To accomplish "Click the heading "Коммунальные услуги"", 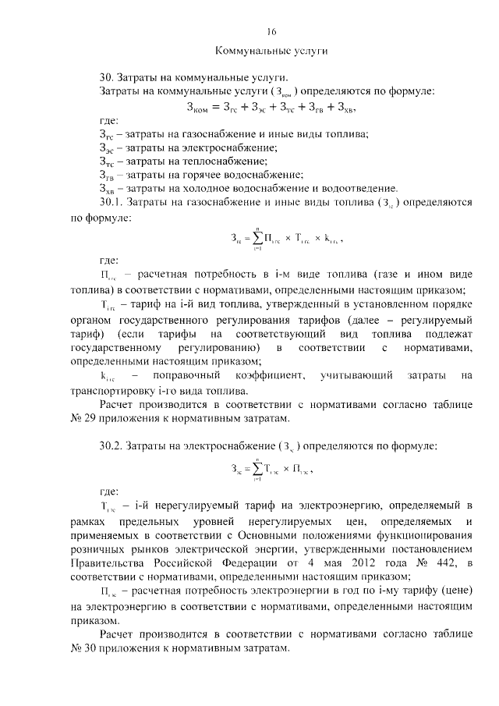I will pyautogui.click(x=271, y=51).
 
